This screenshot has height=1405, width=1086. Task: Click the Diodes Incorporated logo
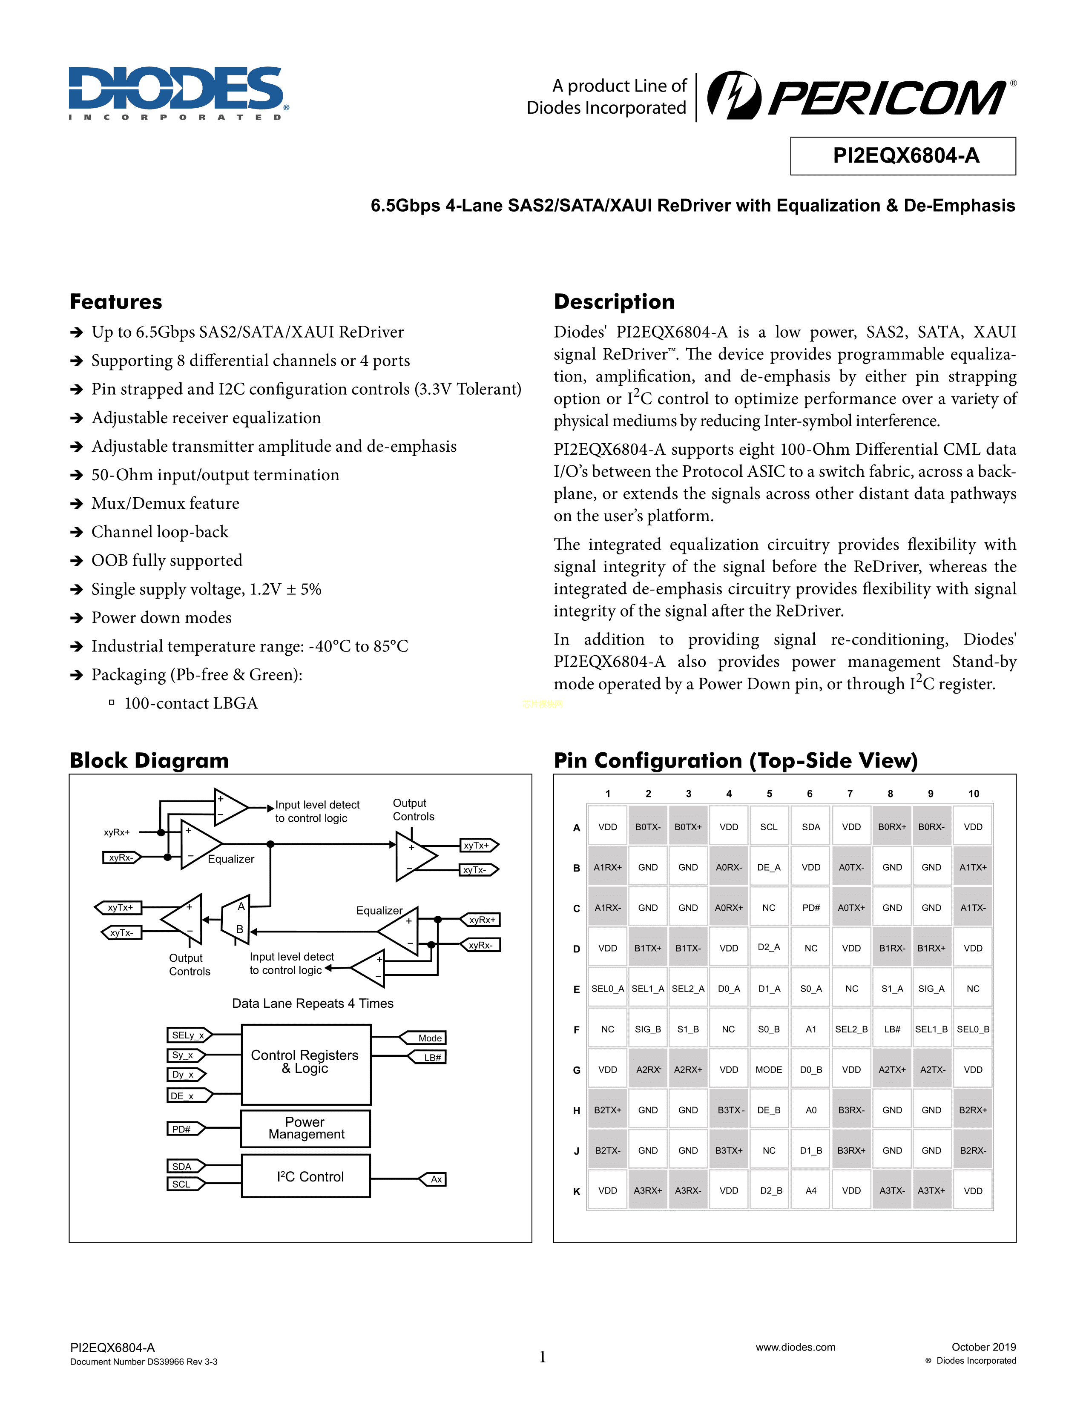[178, 93]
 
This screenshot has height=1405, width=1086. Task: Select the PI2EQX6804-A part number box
[902, 156]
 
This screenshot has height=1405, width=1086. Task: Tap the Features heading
[116, 302]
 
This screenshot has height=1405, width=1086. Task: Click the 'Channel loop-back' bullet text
[160, 532]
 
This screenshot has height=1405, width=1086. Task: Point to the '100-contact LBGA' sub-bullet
[190, 703]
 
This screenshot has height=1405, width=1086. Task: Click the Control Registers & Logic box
[306, 1064]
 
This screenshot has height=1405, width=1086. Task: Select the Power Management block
[306, 1128]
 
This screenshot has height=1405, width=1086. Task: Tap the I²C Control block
[306, 1176]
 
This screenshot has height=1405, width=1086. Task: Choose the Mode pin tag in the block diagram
[426, 1038]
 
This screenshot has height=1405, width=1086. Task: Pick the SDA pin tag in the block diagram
[184, 1166]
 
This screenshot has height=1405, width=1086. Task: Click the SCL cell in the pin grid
[769, 827]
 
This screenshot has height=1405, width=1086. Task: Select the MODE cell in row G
[769, 1069]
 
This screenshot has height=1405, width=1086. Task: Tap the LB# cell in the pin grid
[892, 1029]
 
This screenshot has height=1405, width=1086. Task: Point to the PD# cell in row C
[810, 908]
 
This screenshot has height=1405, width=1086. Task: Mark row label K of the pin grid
[577, 1191]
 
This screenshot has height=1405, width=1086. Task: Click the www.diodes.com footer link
[795, 1346]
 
